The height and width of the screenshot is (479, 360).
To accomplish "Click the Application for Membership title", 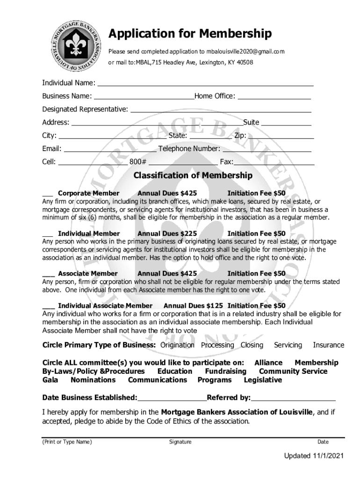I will pyautogui.click(x=190, y=34).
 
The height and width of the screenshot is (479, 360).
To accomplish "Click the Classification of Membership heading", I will pyautogui.click(x=193, y=176).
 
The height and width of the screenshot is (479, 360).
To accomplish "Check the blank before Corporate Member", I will pyautogui.click(x=47, y=193).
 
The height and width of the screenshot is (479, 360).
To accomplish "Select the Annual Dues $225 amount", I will pyautogui.click(x=167, y=233).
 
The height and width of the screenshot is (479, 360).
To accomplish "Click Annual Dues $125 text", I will pyautogui.click(x=193, y=306).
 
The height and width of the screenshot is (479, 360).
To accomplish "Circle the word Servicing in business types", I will pyautogui.click(x=288, y=345).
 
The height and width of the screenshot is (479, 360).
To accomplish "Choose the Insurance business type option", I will pyautogui.click(x=328, y=345).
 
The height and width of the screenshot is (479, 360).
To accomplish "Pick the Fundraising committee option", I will pyautogui.click(x=225, y=371).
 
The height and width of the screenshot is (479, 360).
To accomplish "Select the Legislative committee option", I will pyautogui.click(x=263, y=380).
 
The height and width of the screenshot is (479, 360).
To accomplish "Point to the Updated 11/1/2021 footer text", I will pyautogui.click(x=312, y=456).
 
